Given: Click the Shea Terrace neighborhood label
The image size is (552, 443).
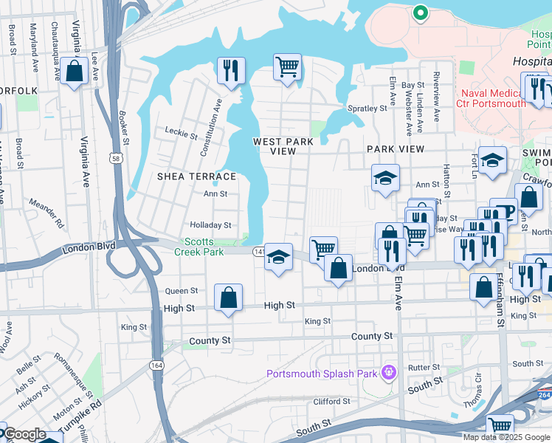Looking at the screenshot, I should (196, 176).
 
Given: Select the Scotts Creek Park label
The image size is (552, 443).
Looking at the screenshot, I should (204, 247).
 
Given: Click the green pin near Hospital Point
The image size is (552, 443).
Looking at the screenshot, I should (420, 13).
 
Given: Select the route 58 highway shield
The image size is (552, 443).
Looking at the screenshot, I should (116, 158).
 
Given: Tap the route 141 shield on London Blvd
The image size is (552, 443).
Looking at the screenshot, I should (259, 252).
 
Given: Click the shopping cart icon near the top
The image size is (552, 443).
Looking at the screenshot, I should (287, 66).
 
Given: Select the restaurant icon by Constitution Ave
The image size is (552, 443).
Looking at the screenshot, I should (231, 70).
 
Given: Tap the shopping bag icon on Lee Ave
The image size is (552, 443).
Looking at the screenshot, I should (74, 71).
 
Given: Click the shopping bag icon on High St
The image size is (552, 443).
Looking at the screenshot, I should (229, 298).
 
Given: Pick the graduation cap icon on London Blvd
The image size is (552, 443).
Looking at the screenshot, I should (278, 257).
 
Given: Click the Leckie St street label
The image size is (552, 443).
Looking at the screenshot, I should (181, 135).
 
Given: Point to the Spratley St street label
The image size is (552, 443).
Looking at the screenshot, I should (367, 109).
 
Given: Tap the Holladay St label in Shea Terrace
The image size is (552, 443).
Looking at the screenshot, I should (211, 225).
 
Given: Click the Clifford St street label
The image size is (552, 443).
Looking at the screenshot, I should (331, 402).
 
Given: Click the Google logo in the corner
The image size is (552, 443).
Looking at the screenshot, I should (24, 434).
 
